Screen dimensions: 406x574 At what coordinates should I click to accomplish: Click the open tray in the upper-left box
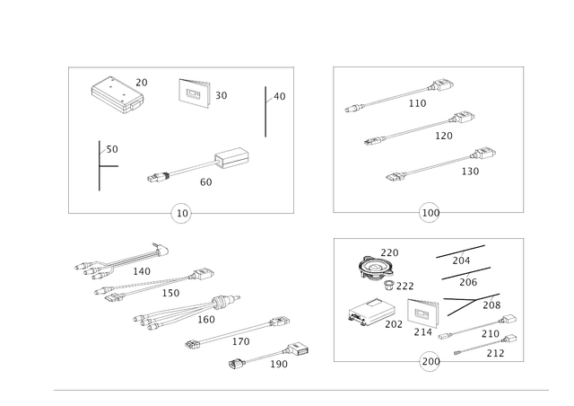click(113, 91)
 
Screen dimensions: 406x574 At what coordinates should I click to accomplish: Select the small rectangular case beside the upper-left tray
click(195, 92)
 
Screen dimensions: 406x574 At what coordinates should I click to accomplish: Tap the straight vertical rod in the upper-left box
click(265, 111)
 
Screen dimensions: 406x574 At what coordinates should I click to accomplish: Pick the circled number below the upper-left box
click(182, 214)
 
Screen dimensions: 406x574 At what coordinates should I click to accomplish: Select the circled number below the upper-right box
click(430, 214)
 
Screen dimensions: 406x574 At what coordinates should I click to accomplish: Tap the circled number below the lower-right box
click(430, 362)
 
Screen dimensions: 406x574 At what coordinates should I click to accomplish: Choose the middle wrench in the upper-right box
click(417, 128)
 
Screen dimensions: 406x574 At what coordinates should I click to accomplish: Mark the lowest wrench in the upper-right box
click(439, 161)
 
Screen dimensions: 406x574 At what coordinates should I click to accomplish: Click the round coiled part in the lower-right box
click(375, 267)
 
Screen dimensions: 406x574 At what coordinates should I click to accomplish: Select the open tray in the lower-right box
click(370, 313)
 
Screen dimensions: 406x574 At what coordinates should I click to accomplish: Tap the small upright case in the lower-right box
click(421, 313)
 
